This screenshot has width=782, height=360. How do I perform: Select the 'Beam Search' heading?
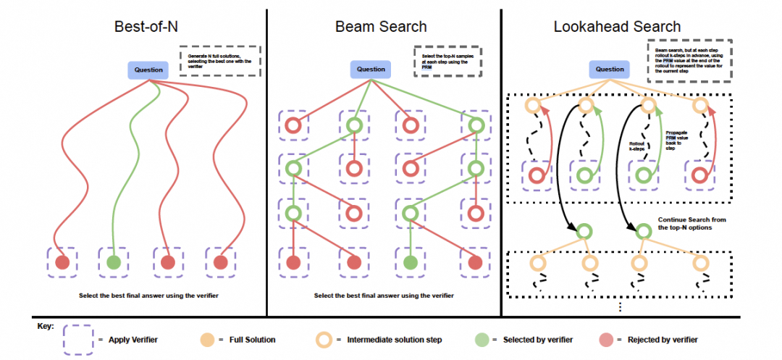click(x=381, y=27)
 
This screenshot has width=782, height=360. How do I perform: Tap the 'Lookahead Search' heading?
click(x=617, y=27)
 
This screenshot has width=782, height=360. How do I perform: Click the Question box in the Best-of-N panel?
click(x=147, y=70)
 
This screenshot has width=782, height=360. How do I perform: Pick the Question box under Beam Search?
click(x=371, y=70)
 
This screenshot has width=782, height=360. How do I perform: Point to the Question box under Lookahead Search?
click(x=610, y=70)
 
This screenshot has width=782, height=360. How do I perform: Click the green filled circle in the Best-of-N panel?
click(x=113, y=261)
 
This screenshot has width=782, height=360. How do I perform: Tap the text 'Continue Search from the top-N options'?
click(x=691, y=223)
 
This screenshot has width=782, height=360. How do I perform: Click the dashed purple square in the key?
click(x=78, y=339)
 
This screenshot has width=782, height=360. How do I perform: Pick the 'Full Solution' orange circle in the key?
click(x=206, y=339)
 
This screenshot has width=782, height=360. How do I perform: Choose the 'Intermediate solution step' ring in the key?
click(x=325, y=339)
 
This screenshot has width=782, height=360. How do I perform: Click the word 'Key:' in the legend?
click(x=45, y=326)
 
